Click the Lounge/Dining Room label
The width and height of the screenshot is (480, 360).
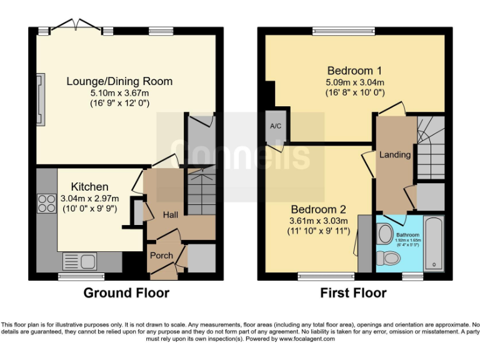pyautogui.click(x=119, y=81)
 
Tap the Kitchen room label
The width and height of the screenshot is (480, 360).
pyautogui.click(x=89, y=187)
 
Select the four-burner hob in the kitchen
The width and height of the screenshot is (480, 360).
pyautogui.click(x=47, y=204)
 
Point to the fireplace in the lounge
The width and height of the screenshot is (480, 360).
pyautogui.click(x=41, y=100)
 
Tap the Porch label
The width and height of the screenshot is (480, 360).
pyautogui.click(x=161, y=256)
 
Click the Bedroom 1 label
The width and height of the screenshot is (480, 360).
pyautogui.click(x=354, y=71)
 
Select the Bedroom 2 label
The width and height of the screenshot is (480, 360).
pyautogui.click(x=317, y=210)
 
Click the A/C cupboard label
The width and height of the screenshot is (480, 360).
pyautogui.click(x=275, y=126)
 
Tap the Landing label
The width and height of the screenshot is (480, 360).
pyautogui.click(x=396, y=154)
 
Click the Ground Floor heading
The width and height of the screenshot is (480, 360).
pyautogui.click(x=126, y=293)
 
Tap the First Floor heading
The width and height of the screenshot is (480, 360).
pyautogui.click(x=353, y=293)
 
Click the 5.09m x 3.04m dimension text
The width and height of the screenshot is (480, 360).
pyautogui.click(x=354, y=82)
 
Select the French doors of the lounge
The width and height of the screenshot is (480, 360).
pyautogui.click(x=76, y=27)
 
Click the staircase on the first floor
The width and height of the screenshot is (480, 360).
pyautogui.click(x=430, y=147)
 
